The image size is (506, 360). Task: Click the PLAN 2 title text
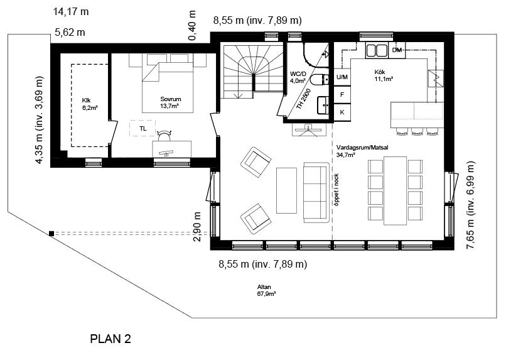(x=110, y=339)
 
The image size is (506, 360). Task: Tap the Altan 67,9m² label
(x=266, y=290)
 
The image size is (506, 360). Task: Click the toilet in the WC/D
(x=320, y=79)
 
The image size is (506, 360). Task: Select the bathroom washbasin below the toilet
(x=323, y=105)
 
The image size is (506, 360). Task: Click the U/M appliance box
(x=342, y=77)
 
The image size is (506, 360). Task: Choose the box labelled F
(x=342, y=95)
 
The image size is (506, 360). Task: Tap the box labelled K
(x=342, y=112)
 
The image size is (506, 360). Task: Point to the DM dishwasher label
(x=397, y=50)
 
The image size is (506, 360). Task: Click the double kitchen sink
(x=377, y=50)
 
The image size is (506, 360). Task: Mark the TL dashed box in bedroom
(x=143, y=128)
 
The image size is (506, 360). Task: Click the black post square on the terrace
(x=51, y=234)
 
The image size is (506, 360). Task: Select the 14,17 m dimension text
(x=71, y=12)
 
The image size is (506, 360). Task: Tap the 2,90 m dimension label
(x=196, y=227)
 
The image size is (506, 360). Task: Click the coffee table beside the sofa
(x=286, y=190)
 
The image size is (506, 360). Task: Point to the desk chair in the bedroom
(x=164, y=136)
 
